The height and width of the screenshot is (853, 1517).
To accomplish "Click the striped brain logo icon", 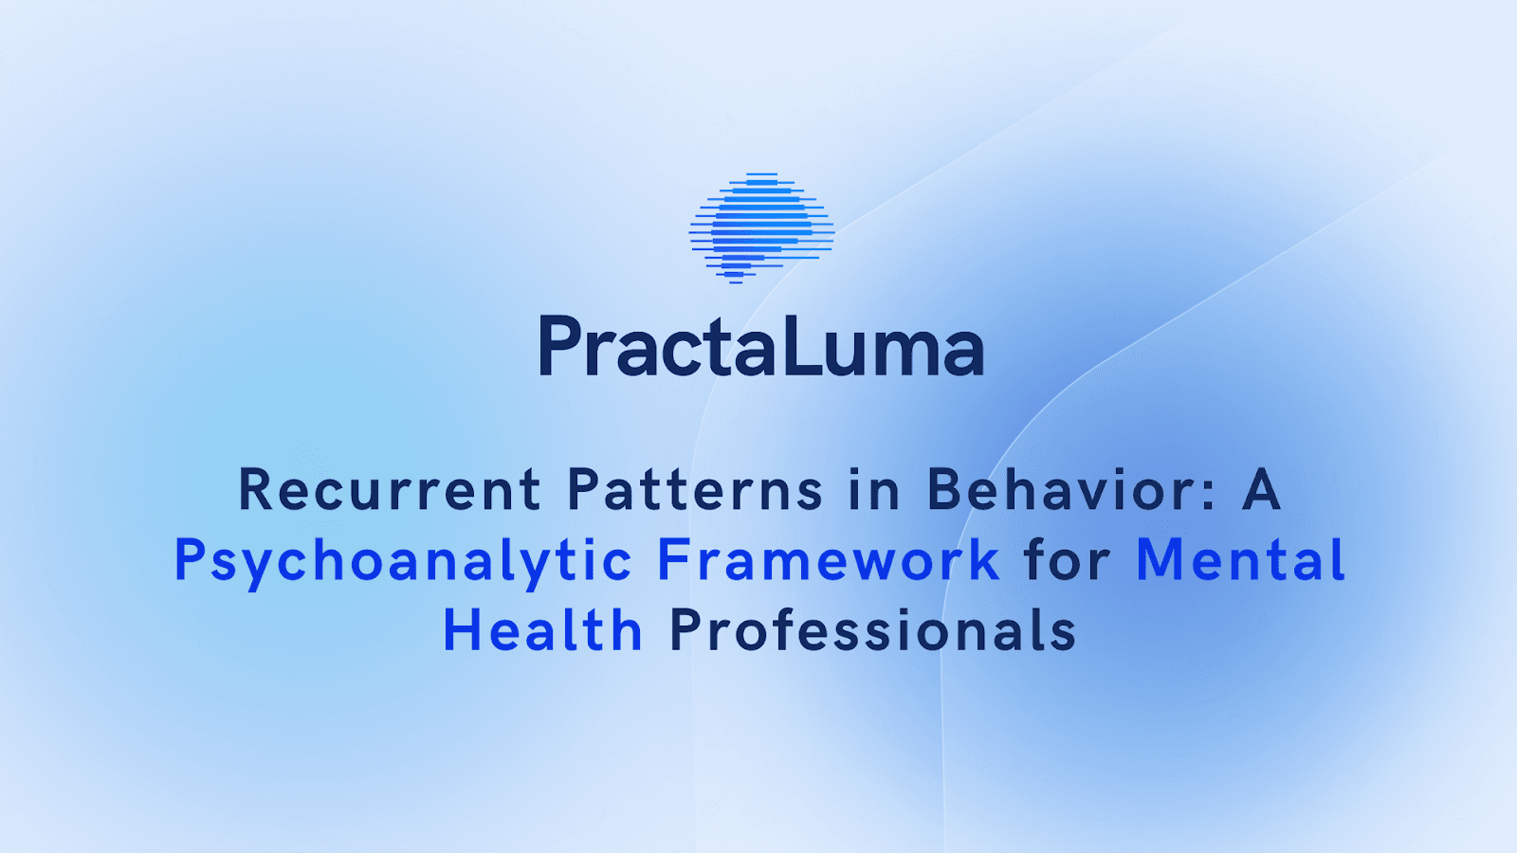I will (761, 227).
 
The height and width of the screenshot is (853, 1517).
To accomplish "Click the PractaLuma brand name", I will (761, 347).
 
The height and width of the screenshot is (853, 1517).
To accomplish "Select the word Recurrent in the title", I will (390, 490).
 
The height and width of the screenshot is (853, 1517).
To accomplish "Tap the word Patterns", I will (695, 490).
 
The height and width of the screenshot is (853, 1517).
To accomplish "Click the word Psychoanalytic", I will (403, 561).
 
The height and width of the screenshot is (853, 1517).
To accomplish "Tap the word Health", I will (543, 630).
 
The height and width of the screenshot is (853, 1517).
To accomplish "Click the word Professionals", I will (873, 630).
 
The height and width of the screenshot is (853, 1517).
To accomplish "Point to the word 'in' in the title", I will (874, 490).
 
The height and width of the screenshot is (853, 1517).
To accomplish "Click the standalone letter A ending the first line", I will (1262, 490).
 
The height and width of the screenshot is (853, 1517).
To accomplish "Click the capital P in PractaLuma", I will (559, 347).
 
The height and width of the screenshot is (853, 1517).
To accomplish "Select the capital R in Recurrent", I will (256, 490).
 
